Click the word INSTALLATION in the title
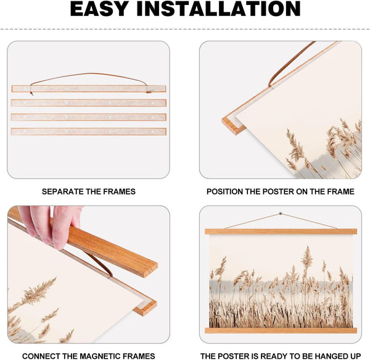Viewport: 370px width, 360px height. [x=219, y=9]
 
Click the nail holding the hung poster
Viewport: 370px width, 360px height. [x=281, y=214]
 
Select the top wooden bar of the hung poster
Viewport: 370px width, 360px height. [x=281, y=232]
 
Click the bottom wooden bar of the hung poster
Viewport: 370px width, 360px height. [x=281, y=330]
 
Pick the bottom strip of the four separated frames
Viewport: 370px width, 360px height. [x=89, y=132]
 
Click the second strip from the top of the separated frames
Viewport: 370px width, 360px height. [x=89, y=103]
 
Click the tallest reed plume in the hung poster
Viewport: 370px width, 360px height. [x=306, y=259]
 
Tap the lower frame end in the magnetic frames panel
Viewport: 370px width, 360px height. [x=146, y=307]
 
